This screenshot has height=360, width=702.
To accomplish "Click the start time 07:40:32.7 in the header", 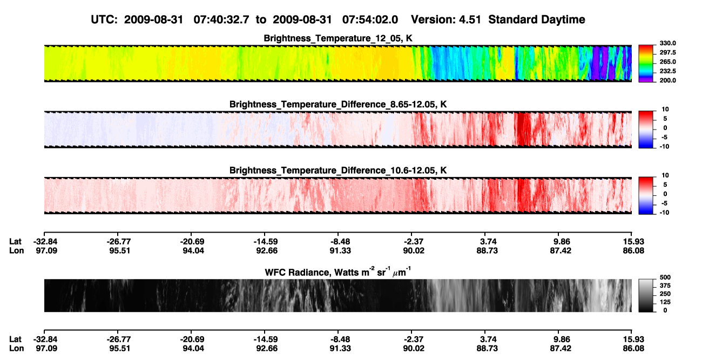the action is [221, 19].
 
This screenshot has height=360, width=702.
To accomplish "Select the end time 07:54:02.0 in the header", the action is [370, 19].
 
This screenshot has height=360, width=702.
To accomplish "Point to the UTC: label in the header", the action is [104, 19].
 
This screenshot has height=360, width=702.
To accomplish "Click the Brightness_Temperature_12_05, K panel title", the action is [338, 38].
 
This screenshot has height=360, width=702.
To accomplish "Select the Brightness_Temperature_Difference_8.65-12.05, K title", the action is [338, 104].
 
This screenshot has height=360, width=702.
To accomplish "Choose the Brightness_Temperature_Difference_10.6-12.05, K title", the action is [338, 171].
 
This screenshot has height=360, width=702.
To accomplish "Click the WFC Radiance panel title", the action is [338, 272].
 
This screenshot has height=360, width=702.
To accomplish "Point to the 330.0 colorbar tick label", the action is [667, 43].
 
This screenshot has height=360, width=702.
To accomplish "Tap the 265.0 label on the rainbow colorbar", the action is [667, 62].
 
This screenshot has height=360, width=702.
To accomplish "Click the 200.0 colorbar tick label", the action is [667, 80].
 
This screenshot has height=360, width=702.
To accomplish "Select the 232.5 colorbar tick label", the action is [667, 71].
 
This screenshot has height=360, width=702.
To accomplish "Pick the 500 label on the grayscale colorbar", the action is [665, 277].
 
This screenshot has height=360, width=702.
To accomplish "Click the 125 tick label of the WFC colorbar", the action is [665, 302].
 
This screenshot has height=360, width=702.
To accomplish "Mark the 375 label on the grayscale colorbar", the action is [665, 286].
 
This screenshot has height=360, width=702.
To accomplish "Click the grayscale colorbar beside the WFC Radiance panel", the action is [646, 295].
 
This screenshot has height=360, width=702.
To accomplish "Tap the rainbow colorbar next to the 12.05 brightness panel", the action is [646, 64].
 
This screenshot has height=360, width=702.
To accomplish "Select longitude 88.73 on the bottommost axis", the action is [487, 349].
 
